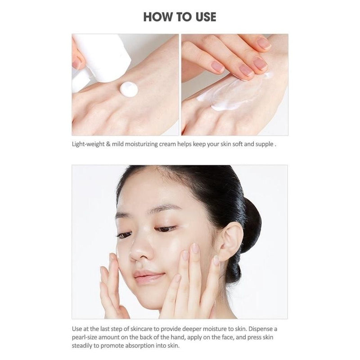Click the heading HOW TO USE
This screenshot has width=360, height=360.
pos(180,17)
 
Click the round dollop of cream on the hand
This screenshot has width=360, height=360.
pos(129,88)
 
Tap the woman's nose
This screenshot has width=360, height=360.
pos(137,252)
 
